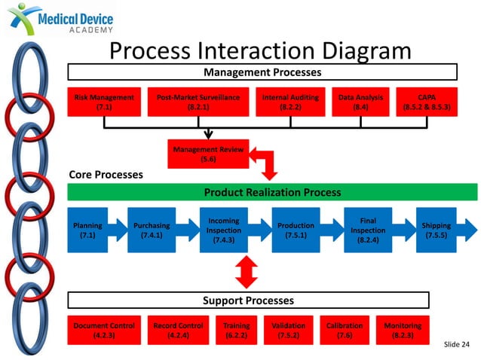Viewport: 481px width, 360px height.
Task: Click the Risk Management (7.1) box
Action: [x=104, y=102]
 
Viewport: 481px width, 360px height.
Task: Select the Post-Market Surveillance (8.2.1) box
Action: [x=198, y=102]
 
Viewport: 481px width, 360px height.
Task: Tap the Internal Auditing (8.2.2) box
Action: [x=290, y=102]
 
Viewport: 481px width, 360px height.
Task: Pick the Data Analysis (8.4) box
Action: [x=360, y=102]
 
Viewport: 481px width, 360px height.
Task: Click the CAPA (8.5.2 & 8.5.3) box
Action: [x=427, y=102]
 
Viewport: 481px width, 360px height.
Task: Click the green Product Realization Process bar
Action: [x=272, y=192]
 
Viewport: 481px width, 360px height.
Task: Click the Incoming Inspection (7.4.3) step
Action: [x=224, y=230]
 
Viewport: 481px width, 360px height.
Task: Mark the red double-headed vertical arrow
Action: [x=243, y=272]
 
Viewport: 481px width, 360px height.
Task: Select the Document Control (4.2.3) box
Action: [x=104, y=331]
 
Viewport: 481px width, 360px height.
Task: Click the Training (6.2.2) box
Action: [x=237, y=331]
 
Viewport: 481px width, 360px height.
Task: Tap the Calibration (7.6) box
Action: [x=345, y=331]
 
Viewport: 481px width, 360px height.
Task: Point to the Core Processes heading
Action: [x=106, y=175]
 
